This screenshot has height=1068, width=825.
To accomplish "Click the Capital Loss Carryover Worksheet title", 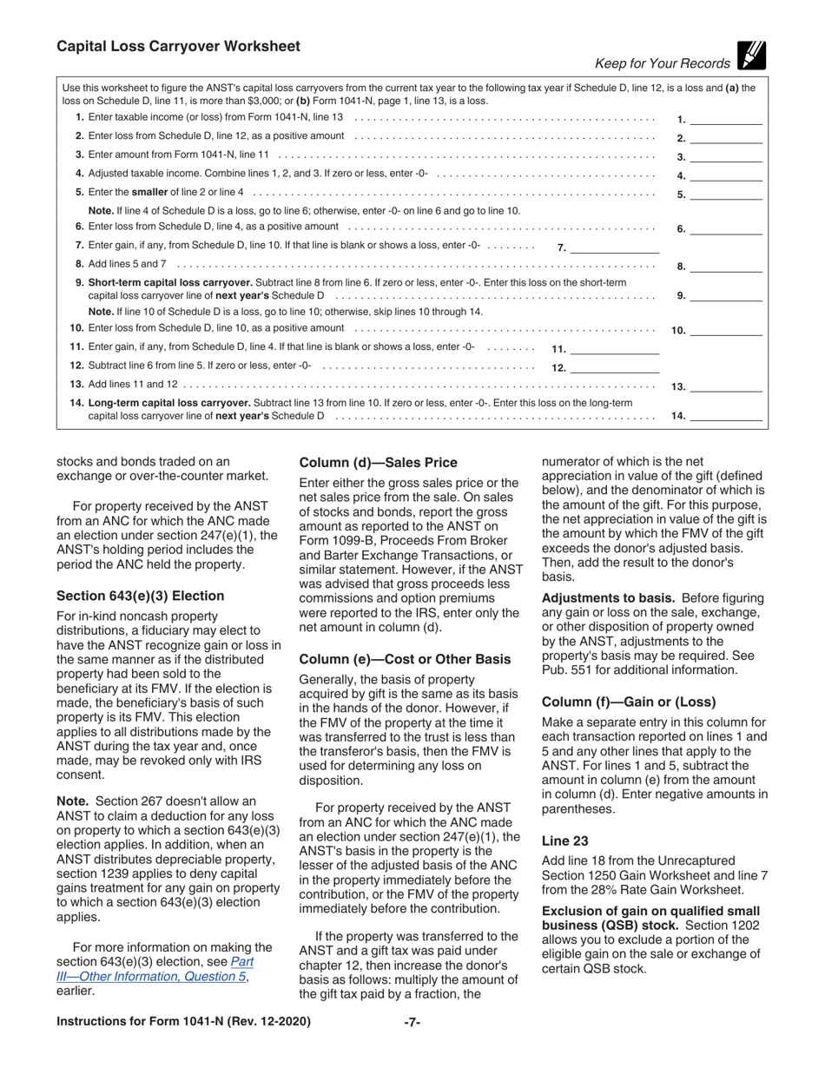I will (178, 47).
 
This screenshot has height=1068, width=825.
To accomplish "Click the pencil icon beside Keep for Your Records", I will (751, 56).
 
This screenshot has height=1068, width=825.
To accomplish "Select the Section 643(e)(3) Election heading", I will (140, 596).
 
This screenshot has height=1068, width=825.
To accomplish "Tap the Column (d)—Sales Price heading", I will (378, 463).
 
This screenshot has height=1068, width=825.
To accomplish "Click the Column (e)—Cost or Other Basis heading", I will (400, 659).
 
